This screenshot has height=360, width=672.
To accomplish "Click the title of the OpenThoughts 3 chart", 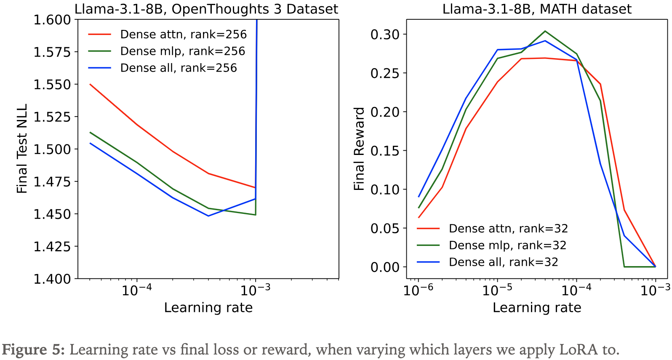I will coord(206,9).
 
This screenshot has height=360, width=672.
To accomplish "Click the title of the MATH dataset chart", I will coord(537,9).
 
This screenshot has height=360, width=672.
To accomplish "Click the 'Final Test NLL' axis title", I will coord(22,149).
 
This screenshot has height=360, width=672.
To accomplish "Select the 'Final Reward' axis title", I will coord(359,149).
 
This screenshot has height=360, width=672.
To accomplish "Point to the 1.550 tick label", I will coord(53,85).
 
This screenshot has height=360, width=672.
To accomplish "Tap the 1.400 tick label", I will coord(53,279).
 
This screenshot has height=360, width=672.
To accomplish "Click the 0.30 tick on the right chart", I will coord(385,35).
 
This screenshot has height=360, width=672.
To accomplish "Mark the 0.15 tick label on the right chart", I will coord(385,151).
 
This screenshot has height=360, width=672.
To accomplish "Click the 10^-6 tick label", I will coord(418,291).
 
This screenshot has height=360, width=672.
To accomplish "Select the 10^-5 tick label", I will coord(497,291).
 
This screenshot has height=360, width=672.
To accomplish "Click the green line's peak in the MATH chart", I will coord(545,31).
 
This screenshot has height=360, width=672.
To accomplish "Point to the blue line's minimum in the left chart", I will coord(208,216).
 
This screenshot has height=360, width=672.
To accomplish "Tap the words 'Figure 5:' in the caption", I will coord(34,350).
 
